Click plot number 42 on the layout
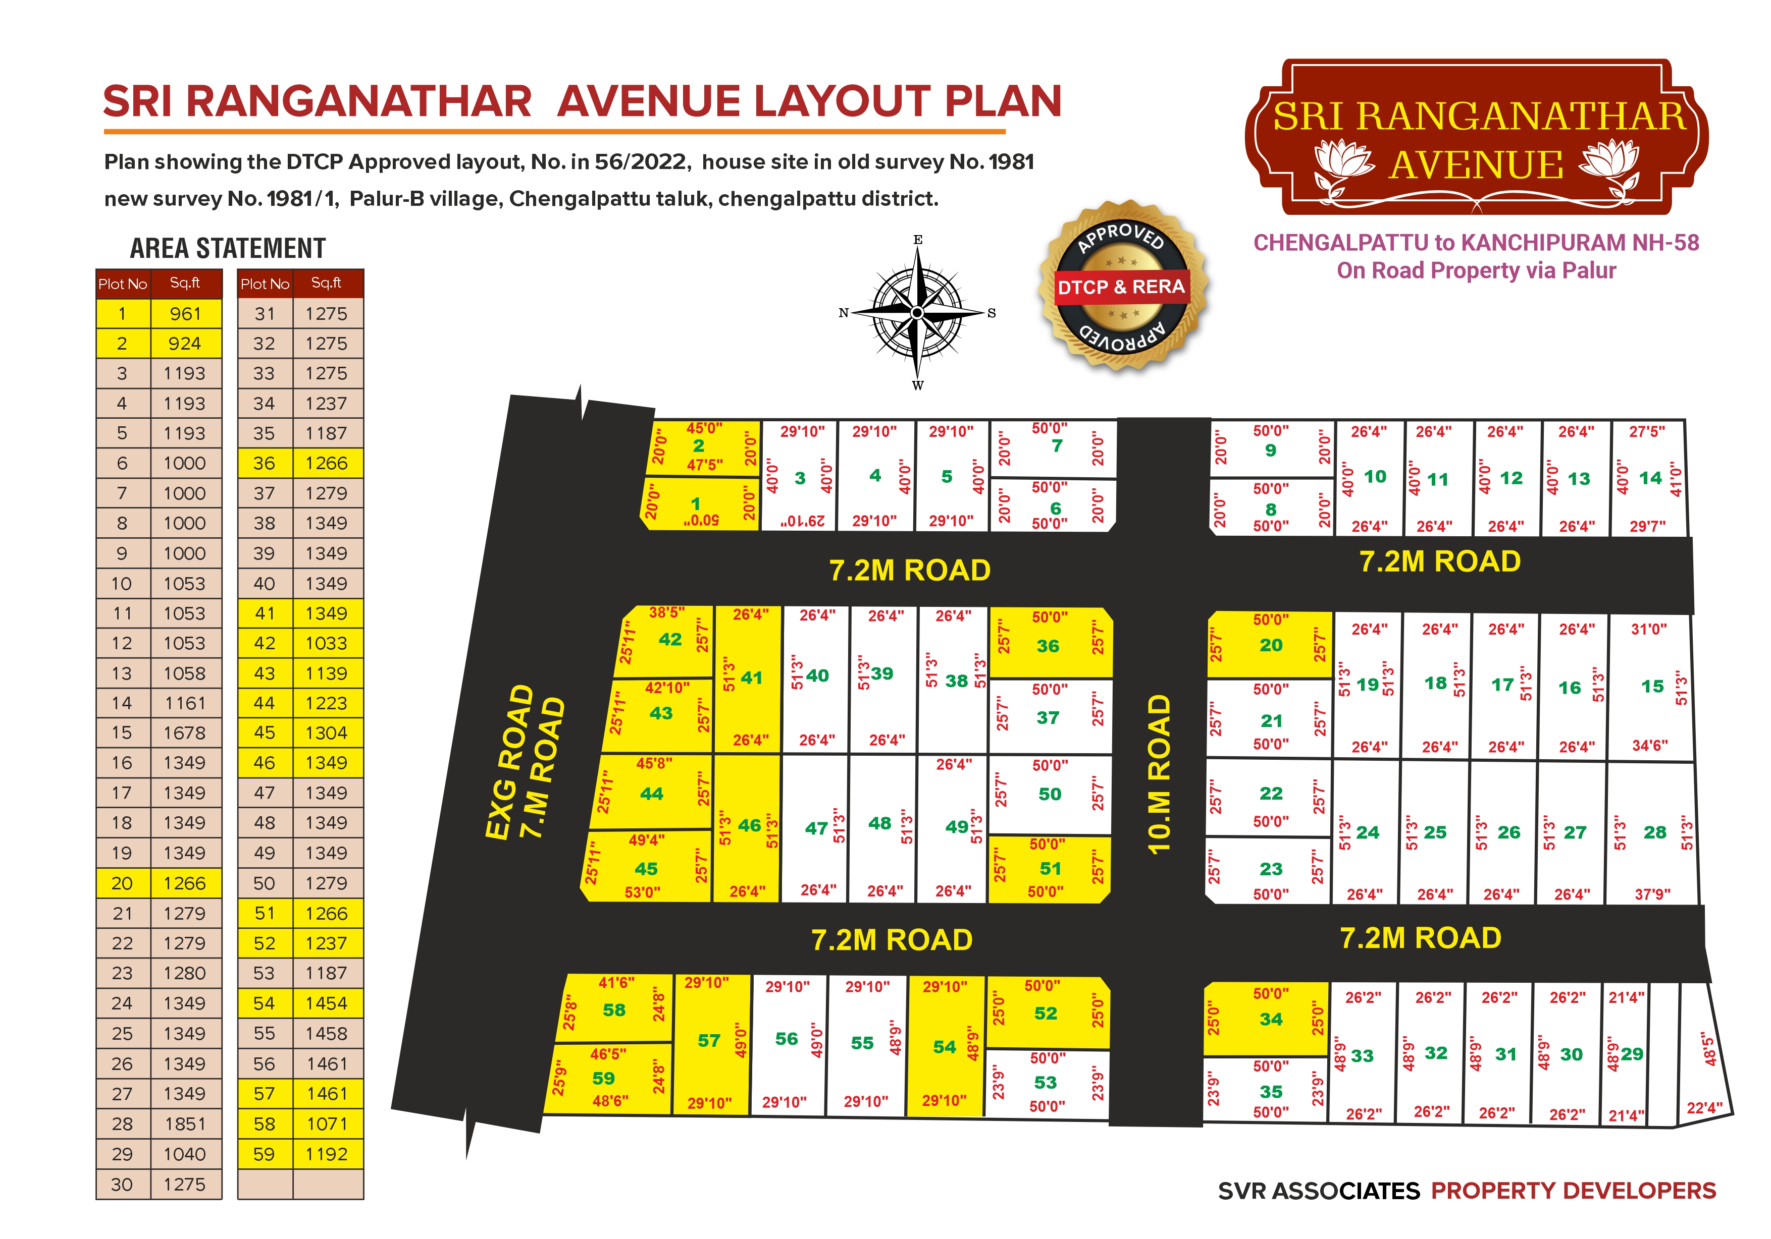(669, 639)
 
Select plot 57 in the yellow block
(709, 1040)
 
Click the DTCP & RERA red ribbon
(1121, 287)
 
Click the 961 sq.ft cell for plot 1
(185, 314)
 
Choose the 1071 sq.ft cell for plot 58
(327, 1123)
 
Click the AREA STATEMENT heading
(228, 248)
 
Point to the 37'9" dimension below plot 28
(1652, 894)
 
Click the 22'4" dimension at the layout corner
(1704, 1108)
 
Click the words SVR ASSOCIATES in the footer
(1318, 1191)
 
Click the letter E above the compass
(918, 240)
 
